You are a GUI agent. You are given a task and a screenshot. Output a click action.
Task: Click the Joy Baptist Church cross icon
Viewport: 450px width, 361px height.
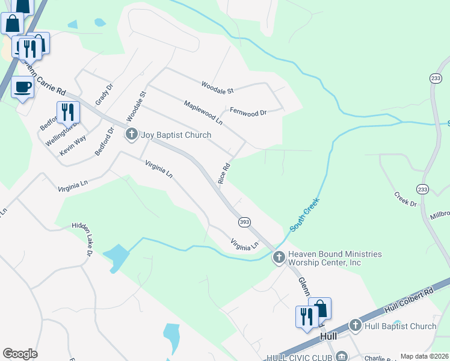tap(132, 135)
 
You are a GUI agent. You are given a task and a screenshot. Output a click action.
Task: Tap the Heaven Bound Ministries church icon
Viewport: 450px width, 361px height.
tap(279, 258)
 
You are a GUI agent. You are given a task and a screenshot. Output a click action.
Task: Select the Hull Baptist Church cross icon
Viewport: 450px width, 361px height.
tap(356, 326)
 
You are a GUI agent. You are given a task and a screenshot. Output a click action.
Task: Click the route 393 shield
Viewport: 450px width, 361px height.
tap(244, 222)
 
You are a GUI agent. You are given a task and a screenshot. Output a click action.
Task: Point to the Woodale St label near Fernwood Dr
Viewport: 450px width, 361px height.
tap(217, 88)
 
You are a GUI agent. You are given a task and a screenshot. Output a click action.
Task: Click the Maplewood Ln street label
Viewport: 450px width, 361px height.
tap(203, 113)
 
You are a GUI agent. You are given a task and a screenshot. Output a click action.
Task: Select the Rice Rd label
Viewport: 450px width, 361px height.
tap(225, 174)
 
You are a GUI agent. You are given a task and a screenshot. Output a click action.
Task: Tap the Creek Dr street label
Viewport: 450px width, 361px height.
tap(405, 199)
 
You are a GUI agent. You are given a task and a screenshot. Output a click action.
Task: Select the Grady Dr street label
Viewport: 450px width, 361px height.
tap(104, 94)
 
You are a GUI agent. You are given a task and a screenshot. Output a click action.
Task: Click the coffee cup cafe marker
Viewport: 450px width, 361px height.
tap(23, 87)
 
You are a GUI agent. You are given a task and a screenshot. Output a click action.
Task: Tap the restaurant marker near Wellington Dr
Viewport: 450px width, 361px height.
tap(68, 112)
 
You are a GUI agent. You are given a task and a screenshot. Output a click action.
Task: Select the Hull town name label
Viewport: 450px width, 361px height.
tap(328, 337)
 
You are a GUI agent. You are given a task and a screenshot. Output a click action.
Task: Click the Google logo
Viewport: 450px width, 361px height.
tap(20, 354)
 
